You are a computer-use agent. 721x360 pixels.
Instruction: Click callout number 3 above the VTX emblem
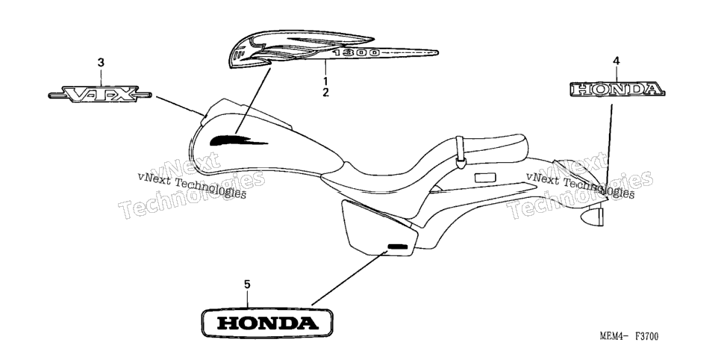point(101,62)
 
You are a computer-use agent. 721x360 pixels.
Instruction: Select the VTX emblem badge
point(100,94)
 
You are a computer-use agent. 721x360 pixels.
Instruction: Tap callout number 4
point(617,60)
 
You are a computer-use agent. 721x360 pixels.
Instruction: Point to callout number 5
point(247,285)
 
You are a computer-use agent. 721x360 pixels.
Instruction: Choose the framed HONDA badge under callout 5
point(267,323)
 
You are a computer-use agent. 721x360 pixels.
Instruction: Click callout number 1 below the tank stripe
point(325,81)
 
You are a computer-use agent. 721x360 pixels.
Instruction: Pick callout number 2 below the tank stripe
point(325,93)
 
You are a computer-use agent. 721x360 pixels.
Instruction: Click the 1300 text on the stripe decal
point(357,53)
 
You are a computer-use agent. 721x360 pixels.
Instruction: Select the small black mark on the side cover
point(398,246)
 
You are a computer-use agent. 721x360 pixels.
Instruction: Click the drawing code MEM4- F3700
point(628,337)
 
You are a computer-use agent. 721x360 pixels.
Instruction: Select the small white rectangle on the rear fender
point(485,178)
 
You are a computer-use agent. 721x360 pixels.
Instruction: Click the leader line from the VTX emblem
point(181,106)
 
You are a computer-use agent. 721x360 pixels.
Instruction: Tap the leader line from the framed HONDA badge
point(349,279)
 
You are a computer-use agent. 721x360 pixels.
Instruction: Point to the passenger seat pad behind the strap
point(494,146)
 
